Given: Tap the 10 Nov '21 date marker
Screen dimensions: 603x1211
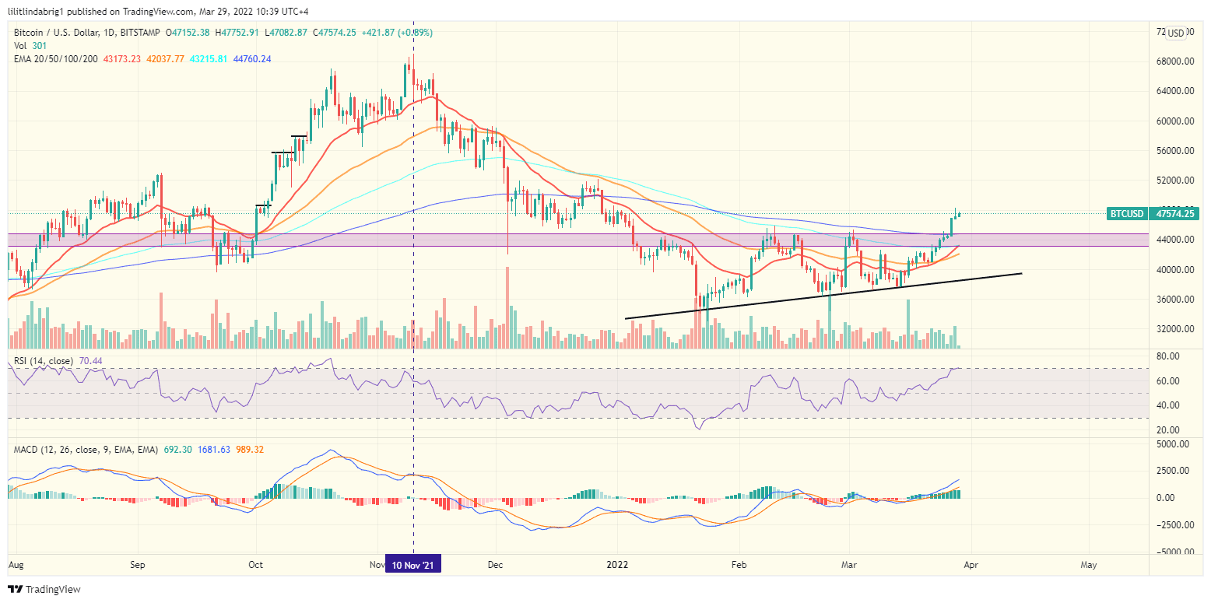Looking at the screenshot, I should coord(412,565).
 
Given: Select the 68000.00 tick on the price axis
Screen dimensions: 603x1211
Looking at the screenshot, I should coord(1172,62).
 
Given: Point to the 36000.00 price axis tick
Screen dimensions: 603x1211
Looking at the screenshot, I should coord(1172,300).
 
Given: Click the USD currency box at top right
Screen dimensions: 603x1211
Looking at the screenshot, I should coord(1175,33).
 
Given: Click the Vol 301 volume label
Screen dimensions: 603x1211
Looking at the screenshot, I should coord(27,46).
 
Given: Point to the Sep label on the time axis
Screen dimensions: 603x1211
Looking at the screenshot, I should coord(138,565).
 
